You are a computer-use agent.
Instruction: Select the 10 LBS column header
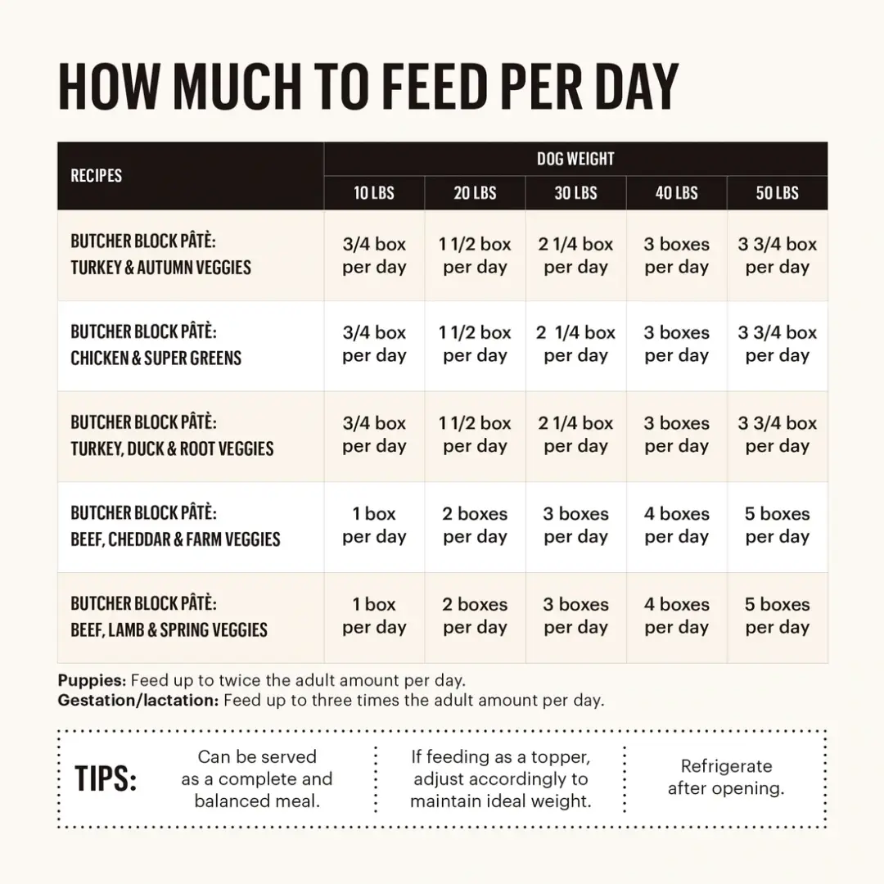[x=374, y=193]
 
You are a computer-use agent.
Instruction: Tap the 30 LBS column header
[x=575, y=193]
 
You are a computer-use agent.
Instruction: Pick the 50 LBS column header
[x=777, y=193]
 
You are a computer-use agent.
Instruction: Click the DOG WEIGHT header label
[x=575, y=159]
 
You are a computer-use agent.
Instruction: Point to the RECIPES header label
[x=97, y=176]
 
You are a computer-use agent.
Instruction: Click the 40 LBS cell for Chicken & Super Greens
[x=676, y=345]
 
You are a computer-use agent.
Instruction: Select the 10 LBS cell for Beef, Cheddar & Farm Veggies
[x=374, y=525]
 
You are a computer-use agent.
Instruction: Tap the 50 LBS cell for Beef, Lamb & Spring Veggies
[x=777, y=616]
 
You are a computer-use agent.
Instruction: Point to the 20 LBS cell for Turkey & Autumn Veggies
[x=475, y=255]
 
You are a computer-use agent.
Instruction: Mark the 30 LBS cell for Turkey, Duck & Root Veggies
[x=575, y=435]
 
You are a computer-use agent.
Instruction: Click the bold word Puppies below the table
[x=92, y=680]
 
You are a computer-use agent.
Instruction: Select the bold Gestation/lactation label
[x=138, y=701]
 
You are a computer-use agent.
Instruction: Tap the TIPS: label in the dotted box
[x=106, y=779]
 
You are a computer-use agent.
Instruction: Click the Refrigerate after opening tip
[x=726, y=778]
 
